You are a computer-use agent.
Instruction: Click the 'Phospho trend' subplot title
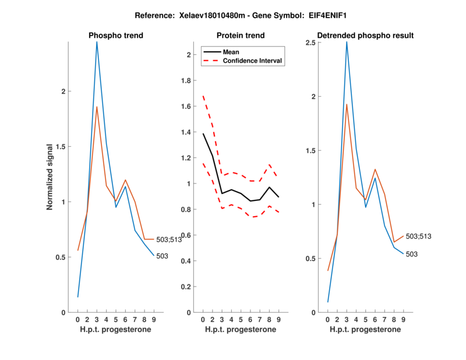(x=116, y=36)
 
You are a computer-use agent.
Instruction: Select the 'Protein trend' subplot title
(x=240, y=36)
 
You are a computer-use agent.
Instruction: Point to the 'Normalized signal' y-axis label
(x=51, y=177)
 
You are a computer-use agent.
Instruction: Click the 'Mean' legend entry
(x=231, y=52)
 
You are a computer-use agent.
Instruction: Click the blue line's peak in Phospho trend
(x=97, y=42)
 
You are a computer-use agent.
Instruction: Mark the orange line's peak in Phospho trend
(x=97, y=107)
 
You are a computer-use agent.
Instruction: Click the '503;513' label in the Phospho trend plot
(x=169, y=239)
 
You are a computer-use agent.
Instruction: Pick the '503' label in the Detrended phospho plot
(x=411, y=254)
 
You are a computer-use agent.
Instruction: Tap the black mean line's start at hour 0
(x=203, y=134)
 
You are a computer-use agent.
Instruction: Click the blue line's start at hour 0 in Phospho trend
(x=78, y=297)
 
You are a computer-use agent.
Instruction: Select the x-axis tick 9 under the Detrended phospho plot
(x=403, y=319)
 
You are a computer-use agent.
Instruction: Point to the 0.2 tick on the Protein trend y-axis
(x=188, y=287)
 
